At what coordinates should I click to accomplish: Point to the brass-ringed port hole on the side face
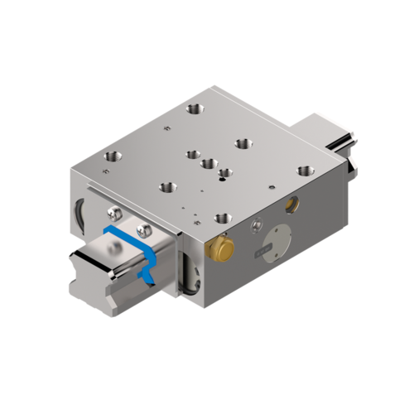(291, 202)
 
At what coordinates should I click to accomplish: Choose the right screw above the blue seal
(146, 230)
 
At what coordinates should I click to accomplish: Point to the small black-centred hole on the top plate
(224, 174)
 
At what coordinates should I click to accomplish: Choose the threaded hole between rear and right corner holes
(243, 142)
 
